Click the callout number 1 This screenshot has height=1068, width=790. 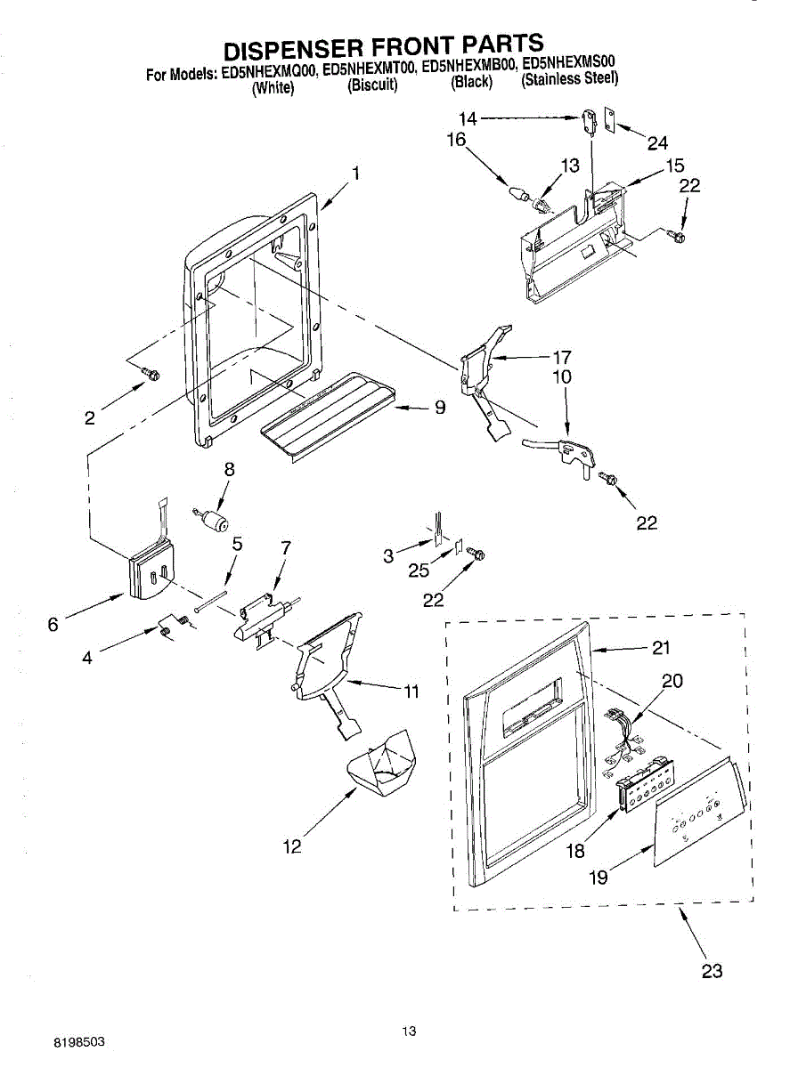coord(355,174)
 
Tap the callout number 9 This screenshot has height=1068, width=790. coord(439,408)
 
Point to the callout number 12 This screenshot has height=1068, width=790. coord(292,846)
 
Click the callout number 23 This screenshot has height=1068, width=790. coord(712,970)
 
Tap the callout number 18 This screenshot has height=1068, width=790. coord(575,851)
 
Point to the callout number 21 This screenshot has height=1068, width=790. coord(660,648)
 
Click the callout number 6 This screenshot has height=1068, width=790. coord(53,625)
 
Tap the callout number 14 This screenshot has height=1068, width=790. coord(468,117)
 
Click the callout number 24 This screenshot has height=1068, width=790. coord(657,142)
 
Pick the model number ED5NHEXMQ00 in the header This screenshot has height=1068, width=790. coord(268,69)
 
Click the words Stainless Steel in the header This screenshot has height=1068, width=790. coord(570,79)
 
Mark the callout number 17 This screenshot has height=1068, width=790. coord(561,357)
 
